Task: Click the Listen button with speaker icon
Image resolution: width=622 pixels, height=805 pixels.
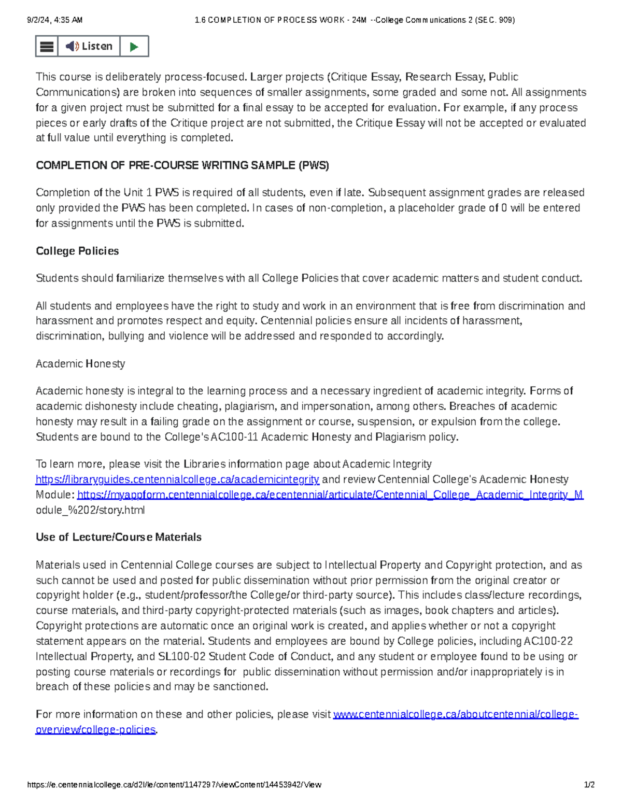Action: (x=89, y=46)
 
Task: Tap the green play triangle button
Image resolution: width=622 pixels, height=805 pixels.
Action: (x=134, y=47)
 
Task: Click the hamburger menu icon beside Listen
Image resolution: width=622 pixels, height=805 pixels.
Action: (x=47, y=47)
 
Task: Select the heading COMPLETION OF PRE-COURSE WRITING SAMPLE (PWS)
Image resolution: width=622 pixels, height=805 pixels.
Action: (x=182, y=165)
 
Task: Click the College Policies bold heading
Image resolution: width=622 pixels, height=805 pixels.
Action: (x=77, y=251)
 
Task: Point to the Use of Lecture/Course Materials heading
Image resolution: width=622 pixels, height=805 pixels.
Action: (x=118, y=537)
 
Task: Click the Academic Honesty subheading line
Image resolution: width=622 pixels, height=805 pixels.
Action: (x=80, y=364)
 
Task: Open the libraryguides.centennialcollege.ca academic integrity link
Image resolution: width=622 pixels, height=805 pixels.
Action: (x=177, y=479)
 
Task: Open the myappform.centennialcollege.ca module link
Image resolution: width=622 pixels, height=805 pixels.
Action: (x=330, y=495)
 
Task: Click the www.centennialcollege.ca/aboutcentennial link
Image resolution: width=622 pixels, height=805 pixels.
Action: (x=455, y=714)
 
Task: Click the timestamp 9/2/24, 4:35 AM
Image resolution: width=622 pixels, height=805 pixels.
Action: (x=54, y=20)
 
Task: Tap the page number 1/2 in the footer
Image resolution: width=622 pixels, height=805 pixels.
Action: (x=589, y=785)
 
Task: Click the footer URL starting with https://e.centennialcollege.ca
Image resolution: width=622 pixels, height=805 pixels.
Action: (x=174, y=785)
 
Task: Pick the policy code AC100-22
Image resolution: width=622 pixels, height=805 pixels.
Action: (x=548, y=641)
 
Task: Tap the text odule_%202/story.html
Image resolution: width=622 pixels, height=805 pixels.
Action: (x=90, y=510)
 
